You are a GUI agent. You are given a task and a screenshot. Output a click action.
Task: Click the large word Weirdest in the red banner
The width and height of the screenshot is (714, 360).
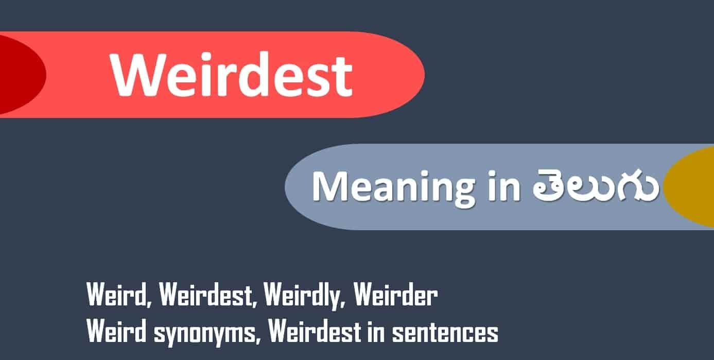coord(232,75)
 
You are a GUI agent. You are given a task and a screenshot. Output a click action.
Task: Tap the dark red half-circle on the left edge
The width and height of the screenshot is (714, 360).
coord(22,75)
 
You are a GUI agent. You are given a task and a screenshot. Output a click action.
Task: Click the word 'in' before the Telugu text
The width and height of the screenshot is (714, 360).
coord(504,186)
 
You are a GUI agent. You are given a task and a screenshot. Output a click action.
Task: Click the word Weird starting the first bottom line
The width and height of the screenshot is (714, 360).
coord(118,295)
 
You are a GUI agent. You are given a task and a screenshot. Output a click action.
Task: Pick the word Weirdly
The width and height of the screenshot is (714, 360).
coord(304,296)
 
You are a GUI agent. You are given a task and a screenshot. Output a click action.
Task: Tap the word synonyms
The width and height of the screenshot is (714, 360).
coord(205,334)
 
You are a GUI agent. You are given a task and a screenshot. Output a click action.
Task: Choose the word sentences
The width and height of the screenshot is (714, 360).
coord(445,333)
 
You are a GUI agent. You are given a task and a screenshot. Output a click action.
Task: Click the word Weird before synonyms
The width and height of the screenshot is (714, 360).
coord(116,331)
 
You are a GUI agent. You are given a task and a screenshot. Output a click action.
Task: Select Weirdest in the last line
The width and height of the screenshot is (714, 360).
coord(315,331)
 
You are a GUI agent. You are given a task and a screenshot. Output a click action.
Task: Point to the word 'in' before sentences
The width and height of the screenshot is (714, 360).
coord(376,332)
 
